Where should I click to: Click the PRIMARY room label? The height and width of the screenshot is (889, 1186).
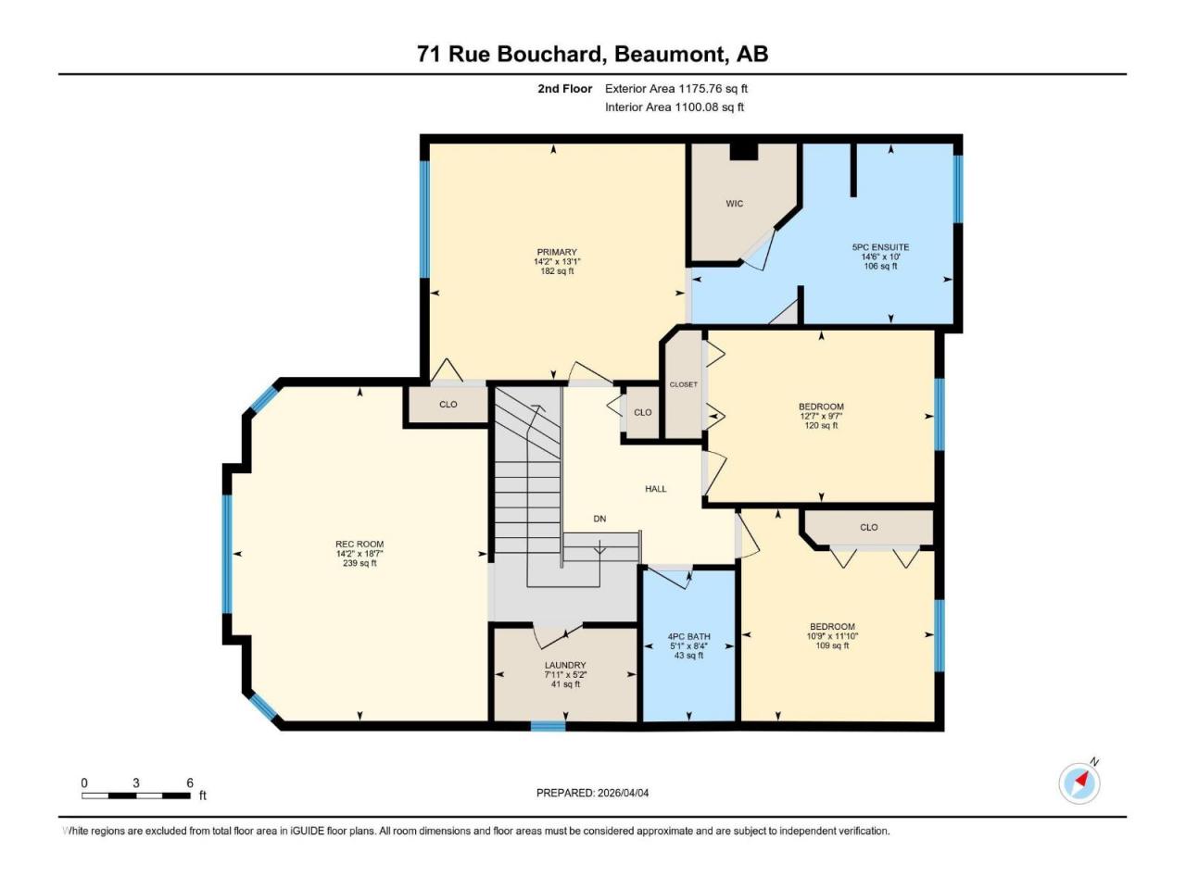tap(557, 252)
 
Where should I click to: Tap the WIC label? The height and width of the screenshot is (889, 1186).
tap(734, 204)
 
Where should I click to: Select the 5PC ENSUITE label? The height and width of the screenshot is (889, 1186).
tap(880, 247)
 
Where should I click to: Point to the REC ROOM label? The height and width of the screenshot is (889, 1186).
tap(360, 545)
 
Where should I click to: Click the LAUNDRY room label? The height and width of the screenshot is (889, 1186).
tap(565, 665)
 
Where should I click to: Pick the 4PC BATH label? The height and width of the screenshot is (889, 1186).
tap(689, 636)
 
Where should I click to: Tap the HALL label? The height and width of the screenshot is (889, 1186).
tap(655, 489)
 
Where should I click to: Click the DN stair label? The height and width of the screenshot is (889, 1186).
tap(599, 519)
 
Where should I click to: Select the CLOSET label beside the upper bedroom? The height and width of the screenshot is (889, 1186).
tap(683, 384)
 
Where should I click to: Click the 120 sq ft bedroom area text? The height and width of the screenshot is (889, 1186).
tap(821, 425)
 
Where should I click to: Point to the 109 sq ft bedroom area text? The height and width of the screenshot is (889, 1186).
tap(832, 645)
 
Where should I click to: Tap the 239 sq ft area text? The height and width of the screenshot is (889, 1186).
tap(360, 563)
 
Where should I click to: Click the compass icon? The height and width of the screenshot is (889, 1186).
tap(1079, 783)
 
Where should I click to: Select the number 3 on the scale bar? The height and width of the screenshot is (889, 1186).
tap(136, 783)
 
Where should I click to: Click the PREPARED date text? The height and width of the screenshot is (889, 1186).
tap(592, 793)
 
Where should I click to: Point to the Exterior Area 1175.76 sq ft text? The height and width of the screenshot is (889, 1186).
tap(676, 89)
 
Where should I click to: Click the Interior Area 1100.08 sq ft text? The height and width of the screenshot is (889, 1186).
tap(675, 106)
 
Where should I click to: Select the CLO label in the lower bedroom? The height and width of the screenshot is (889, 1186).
tap(869, 527)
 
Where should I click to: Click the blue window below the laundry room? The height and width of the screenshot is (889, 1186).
tap(548, 726)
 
